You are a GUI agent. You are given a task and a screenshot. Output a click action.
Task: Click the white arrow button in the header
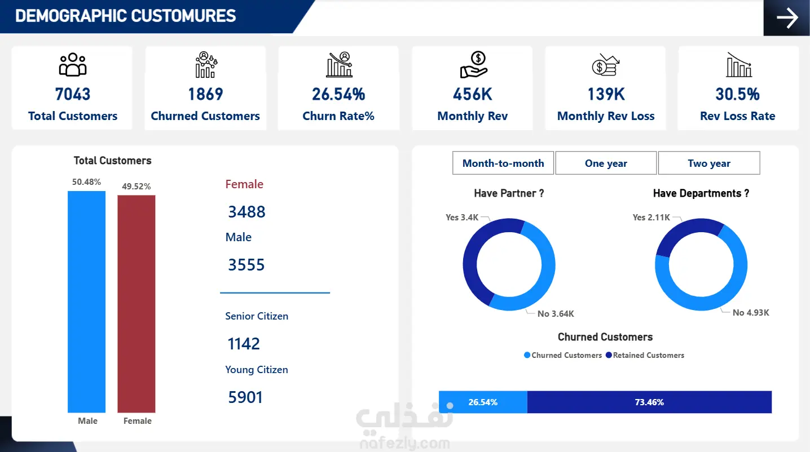click(787, 17)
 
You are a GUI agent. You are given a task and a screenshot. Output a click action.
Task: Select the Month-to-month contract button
click(503, 163)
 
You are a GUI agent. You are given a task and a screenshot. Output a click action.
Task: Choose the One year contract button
click(606, 163)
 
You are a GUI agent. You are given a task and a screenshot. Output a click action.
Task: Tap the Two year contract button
click(709, 163)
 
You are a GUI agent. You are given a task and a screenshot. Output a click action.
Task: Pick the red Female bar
click(137, 304)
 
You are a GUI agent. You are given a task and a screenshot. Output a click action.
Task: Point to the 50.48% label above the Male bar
click(87, 182)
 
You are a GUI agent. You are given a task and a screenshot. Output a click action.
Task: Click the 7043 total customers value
click(73, 94)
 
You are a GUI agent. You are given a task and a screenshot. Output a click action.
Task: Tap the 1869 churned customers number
click(205, 94)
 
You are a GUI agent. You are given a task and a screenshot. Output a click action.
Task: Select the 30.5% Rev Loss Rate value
click(737, 94)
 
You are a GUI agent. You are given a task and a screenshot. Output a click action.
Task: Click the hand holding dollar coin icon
click(473, 65)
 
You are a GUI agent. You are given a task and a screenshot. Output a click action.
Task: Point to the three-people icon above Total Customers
click(73, 65)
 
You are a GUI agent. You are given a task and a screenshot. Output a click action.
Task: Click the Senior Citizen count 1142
click(244, 344)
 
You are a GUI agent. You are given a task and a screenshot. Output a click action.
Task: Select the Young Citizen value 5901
click(245, 397)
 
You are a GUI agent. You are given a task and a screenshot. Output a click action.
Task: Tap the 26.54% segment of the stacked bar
click(483, 402)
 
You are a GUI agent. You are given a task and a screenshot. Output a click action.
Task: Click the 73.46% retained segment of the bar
click(649, 402)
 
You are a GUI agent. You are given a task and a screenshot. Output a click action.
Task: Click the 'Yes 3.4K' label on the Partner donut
click(462, 218)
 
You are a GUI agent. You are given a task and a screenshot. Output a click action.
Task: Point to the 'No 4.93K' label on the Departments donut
click(751, 313)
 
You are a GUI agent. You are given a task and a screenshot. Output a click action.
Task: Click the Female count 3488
click(246, 212)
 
